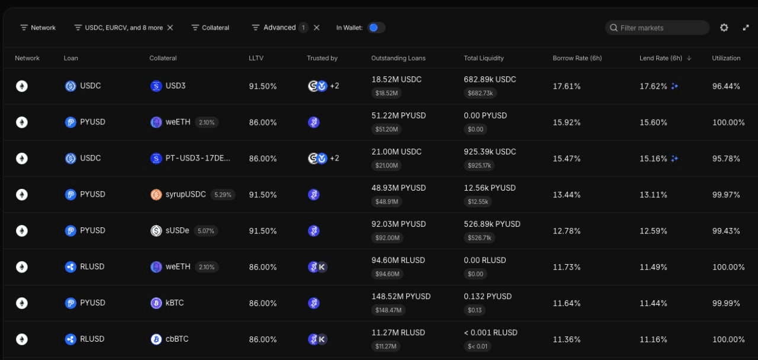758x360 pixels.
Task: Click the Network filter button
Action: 38,28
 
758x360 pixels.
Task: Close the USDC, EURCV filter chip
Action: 170,28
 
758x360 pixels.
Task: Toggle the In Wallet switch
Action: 376,28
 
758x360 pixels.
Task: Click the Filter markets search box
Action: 657,28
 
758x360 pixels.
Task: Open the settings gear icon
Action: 724,28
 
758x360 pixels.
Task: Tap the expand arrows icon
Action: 746,28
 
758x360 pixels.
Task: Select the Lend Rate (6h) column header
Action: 661,58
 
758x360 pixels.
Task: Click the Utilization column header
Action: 726,58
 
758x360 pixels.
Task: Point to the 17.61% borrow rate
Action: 567,86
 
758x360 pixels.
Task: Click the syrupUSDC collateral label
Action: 185,195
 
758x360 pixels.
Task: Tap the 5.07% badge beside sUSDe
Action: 205,231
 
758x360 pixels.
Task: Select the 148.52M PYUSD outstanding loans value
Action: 401,297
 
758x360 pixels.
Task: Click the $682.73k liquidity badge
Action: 480,93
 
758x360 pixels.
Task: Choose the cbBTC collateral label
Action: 176,339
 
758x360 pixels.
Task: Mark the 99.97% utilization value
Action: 726,195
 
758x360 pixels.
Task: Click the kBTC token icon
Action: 156,303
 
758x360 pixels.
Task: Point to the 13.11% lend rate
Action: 653,195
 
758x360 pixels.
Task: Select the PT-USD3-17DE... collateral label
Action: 198,158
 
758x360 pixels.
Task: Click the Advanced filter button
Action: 280,28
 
